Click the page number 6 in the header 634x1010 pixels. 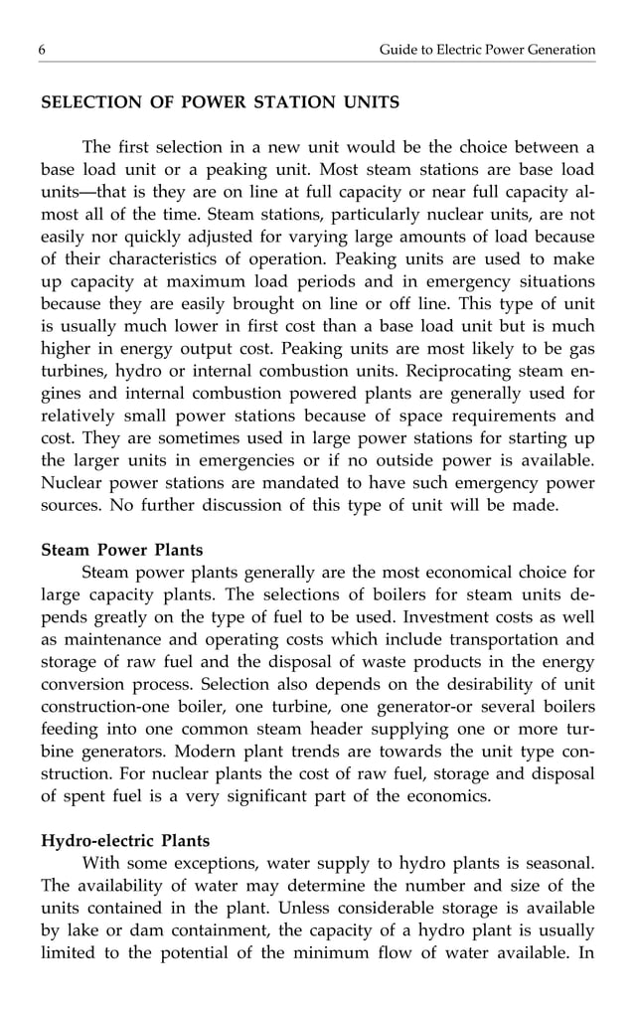tap(43, 50)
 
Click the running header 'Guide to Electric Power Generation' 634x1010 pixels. tap(487, 50)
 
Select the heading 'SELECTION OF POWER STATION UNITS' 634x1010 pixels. tap(220, 102)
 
